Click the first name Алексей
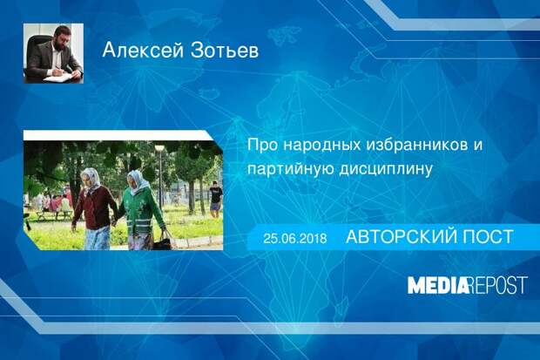point(143,51)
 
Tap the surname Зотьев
point(224,51)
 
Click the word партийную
point(290,170)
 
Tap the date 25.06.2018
point(294,238)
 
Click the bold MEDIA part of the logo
point(439,285)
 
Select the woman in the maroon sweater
point(92,209)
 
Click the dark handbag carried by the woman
point(163,241)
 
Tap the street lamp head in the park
point(159,148)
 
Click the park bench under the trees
point(55,214)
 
